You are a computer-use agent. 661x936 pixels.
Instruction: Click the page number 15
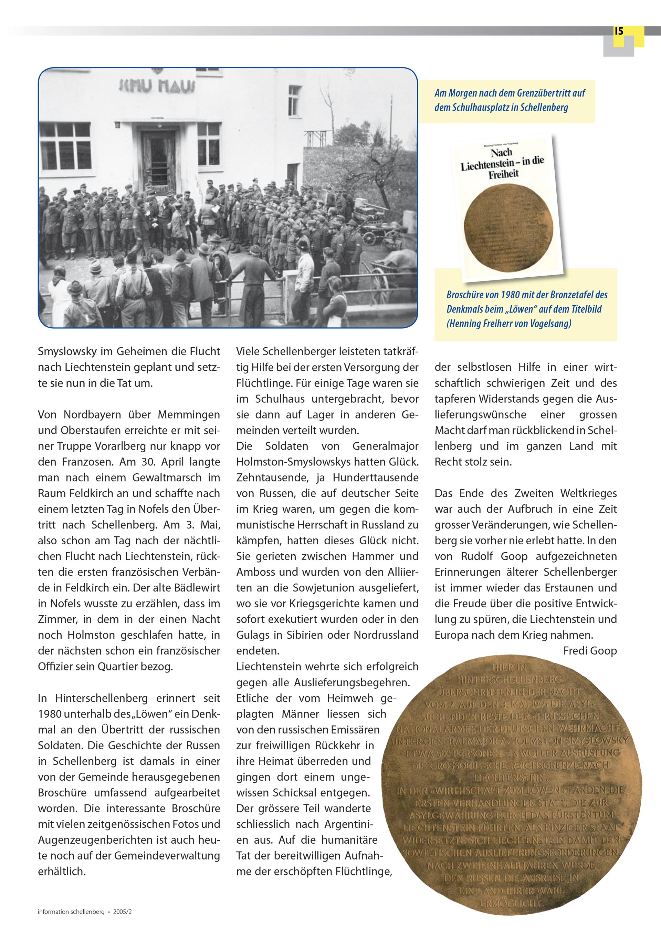pyautogui.click(x=619, y=31)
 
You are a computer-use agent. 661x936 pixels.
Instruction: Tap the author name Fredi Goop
pyautogui.click(x=590, y=651)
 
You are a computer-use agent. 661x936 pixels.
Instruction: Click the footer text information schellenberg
pyautogui.click(x=71, y=912)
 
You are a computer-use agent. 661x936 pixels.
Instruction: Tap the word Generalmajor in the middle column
pyautogui.click(x=386, y=446)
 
